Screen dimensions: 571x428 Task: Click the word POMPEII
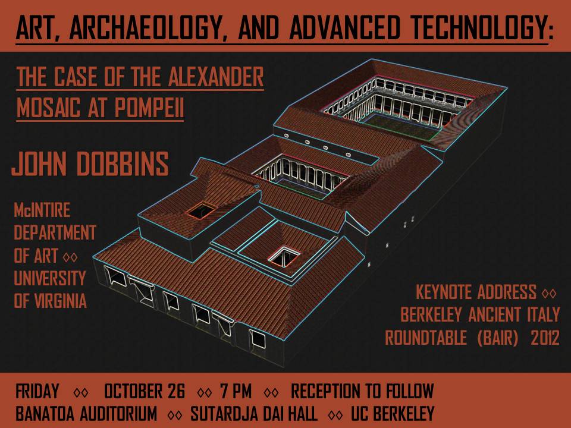(149, 108)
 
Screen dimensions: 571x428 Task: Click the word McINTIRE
(42, 210)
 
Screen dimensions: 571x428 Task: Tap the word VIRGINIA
(61, 301)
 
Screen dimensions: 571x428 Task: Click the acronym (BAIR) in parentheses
(497, 338)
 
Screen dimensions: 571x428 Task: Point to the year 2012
(545, 338)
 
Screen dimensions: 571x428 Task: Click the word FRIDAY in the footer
(37, 391)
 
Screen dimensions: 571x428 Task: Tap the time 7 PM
(236, 391)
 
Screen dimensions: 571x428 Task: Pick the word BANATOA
(45, 414)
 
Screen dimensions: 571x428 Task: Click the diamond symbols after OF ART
(70, 257)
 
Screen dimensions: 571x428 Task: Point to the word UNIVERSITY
(50, 278)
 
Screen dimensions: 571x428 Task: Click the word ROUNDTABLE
(426, 338)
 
